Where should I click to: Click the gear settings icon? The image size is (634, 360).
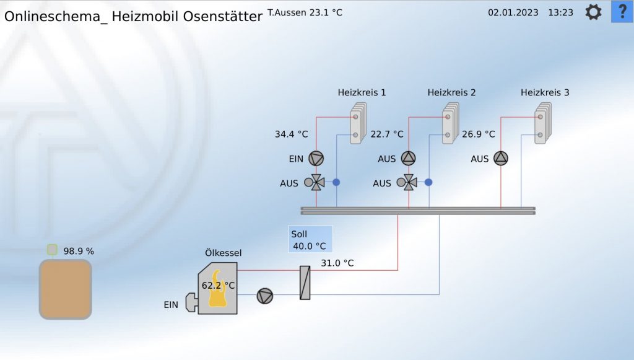pyautogui.click(x=593, y=12)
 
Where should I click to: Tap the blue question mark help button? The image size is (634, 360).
pyautogui.click(x=622, y=12)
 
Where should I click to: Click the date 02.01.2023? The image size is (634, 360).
pyautogui.click(x=513, y=12)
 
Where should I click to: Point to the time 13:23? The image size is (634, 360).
pyautogui.click(x=560, y=12)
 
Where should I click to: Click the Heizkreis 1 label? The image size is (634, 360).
pyautogui.click(x=362, y=93)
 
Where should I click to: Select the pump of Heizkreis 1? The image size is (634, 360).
pyautogui.click(x=316, y=159)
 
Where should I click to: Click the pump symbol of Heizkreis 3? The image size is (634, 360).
pyautogui.click(x=500, y=159)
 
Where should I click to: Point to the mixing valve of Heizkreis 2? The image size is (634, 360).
pyautogui.click(x=409, y=183)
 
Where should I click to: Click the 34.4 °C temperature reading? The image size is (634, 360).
pyautogui.click(x=291, y=134)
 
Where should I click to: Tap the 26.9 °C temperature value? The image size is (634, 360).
pyautogui.click(x=479, y=134)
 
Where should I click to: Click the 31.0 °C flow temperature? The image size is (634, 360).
pyautogui.click(x=337, y=263)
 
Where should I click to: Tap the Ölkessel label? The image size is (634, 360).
pyautogui.click(x=223, y=253)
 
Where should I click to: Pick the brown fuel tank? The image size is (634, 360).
pyautogui.click(x=66, y=289)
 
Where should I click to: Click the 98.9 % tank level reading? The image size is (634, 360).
pyautogui.click(x=79, y=251)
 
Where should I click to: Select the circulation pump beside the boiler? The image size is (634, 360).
pyautogui.click(x=265, y=297)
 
